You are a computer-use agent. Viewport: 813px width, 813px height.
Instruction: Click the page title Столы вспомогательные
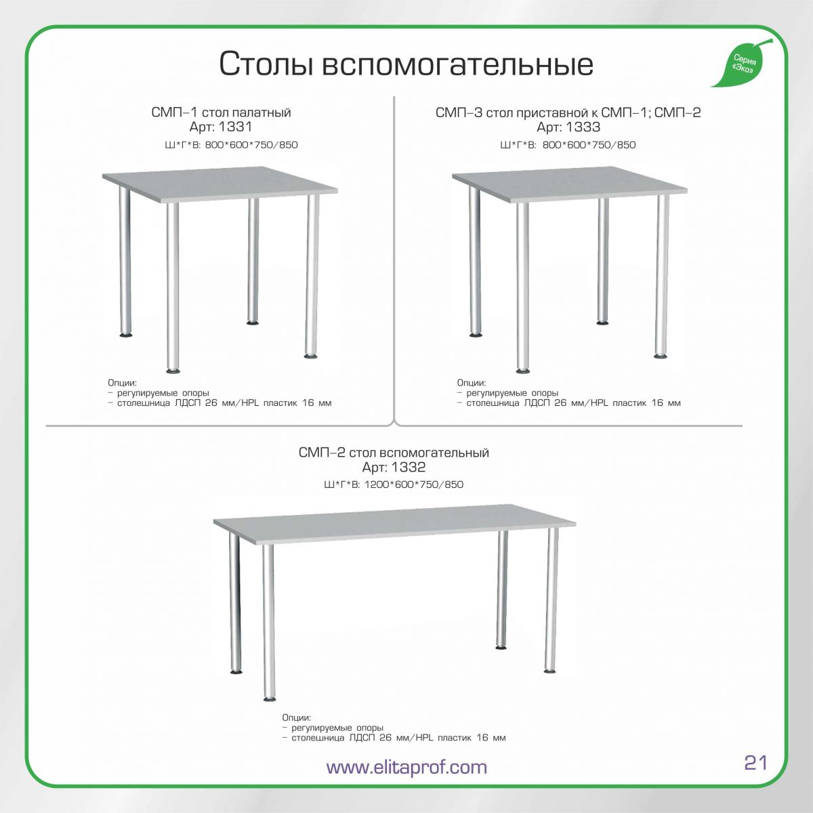coord(406,64)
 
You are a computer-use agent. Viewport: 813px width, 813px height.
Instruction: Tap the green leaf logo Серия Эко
coord(743,63)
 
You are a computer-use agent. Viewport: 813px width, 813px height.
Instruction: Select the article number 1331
coord(235,126)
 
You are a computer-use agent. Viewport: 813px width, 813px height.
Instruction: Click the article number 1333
coord(583,127)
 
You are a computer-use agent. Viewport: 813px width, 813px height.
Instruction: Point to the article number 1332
coord(409,467)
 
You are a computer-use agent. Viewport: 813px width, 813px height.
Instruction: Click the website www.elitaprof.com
coord(406,766)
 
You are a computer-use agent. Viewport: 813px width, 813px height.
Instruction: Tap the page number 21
coord(755,762)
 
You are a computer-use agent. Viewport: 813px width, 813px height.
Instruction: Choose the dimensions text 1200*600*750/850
coord(414,484)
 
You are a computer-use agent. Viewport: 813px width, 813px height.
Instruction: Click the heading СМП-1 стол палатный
coord(221,112)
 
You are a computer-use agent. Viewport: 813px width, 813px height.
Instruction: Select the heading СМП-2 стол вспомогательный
coord(394,453)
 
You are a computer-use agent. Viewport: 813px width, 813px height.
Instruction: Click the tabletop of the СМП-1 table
coord(220,184)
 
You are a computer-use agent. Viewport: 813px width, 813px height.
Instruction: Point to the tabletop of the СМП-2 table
coord(394,523)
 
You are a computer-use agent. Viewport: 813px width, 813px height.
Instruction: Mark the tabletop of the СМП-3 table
coord(570,184)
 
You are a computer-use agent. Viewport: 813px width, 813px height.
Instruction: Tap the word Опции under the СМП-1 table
coord(122,383)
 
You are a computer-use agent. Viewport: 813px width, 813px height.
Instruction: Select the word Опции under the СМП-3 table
coord(472,383)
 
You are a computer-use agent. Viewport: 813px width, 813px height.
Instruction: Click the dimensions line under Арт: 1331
coord(231,145)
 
